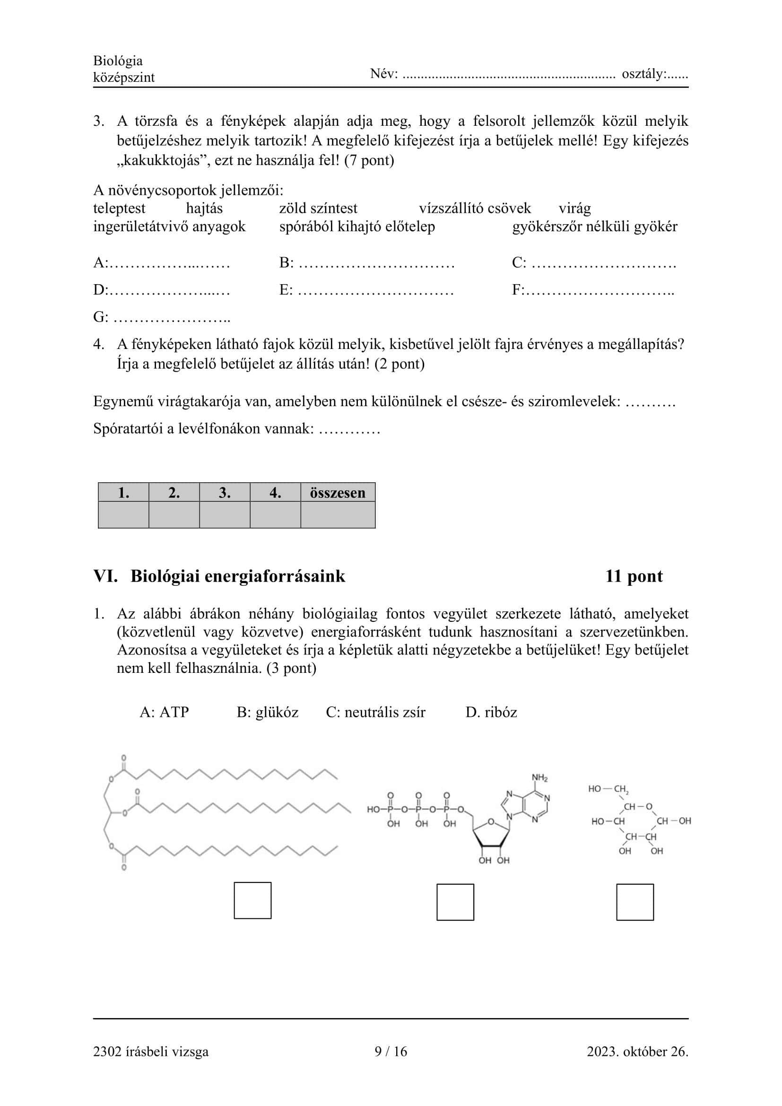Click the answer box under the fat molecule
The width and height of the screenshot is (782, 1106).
click(x=252, y=900)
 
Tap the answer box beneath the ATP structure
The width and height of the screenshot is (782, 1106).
click(x=455, y=902)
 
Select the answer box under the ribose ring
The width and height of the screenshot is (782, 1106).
click(x=634, y=902)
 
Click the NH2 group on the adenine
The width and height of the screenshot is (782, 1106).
click(x=540, y=777)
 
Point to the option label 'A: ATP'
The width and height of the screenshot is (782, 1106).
click(x=164, y=712)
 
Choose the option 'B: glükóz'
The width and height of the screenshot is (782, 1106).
click(x=267, y=712)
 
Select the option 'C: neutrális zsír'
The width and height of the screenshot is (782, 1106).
click(x=375, y=712)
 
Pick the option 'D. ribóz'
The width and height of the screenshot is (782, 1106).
click(x=491, y=712)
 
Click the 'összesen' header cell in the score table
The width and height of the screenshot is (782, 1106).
click(x=338, y=492)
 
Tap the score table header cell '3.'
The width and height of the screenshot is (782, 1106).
click(x=225, y=492)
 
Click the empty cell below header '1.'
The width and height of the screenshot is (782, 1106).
click(x=124, y=514)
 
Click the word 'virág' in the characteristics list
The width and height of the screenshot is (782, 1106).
click(x=574, y=208)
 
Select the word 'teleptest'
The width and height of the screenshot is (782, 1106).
click(x=119, y=208)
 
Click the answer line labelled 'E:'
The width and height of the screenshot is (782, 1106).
click(x=375, y=290)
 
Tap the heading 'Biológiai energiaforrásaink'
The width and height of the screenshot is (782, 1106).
click(x=238, y=576)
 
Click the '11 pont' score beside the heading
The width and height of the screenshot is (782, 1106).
click(x=634, y=576)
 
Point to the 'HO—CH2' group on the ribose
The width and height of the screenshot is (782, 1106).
click(x=608, y=789)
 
